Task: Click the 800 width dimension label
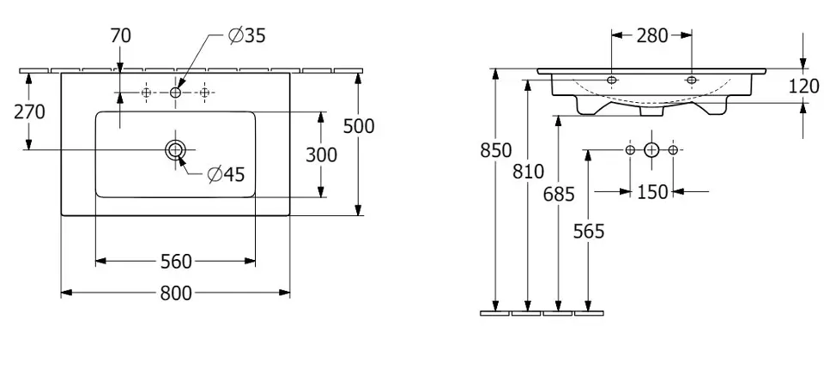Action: coord(175,293)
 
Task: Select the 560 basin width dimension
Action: coord(175,261)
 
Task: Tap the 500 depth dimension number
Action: coord(359,126)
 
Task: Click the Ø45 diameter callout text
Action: coord(227,174)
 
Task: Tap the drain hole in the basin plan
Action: coord(175,150)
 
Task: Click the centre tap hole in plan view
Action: coord(175,92)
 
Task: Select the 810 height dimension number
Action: coord(527,171)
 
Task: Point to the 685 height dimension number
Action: coord(559,194)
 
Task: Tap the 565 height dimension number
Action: coord(589,230)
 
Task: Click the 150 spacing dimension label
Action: coord(652,191)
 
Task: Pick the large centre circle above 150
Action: coord(651,150)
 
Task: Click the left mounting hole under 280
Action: coord(611,80)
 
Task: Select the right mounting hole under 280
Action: coord(692,80)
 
